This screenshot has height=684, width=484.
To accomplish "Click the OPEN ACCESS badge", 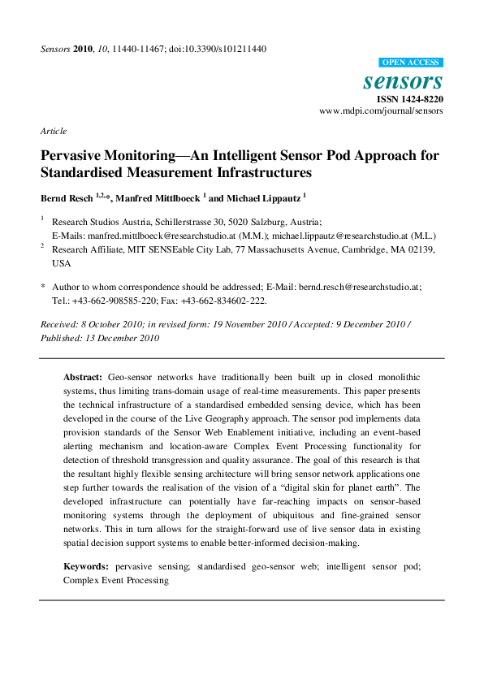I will pos(411,62).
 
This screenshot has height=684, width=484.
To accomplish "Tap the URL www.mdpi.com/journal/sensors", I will pos(381,110).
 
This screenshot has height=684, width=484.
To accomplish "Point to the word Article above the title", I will pos(53,131).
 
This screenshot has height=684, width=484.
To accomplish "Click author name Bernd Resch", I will pos(67,197).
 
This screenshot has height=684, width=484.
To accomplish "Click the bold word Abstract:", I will pos(84,378).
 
